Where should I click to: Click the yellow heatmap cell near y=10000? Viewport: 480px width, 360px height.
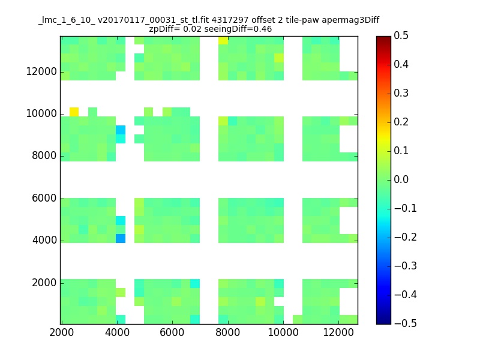(x=74, y=112)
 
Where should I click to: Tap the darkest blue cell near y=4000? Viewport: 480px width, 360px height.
(x=121, y=238)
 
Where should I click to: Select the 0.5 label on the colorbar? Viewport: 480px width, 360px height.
(x=401, y=35)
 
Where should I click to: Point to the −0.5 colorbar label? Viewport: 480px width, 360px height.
(x=406, y=323)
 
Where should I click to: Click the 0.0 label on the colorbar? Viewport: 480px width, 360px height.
(x=401, y=179)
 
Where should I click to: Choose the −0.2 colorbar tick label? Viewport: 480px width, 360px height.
(x=406, y=237)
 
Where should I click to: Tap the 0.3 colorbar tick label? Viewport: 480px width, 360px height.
(x=401, y=93)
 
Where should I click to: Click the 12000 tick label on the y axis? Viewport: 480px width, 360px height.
(x=41, y=71)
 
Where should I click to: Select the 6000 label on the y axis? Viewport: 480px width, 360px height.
(x=44, y=198)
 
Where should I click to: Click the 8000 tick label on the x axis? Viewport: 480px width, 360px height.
(x=228, y=332)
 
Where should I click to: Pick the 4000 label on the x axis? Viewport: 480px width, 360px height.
(x=117, y=332)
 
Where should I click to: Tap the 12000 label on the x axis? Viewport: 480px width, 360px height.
(x=338, y=332)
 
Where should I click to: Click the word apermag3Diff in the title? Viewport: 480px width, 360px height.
(x=350, y=20)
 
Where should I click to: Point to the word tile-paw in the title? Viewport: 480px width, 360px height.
(x=302, y=20)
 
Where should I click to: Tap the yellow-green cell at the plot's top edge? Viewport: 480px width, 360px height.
(x=223, y=40)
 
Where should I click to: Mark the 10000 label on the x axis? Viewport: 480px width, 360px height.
(x=283, y=332)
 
